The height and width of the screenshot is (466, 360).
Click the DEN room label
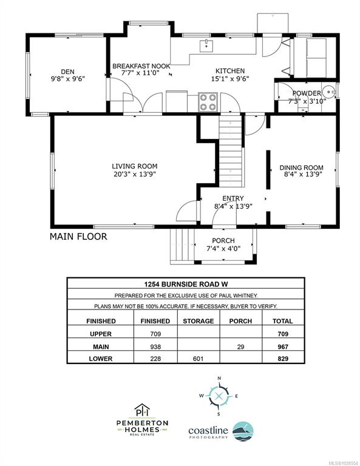click(68, 72)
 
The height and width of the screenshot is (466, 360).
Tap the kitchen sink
click(206, 46)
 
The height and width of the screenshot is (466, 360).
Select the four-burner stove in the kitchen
click(208, 102)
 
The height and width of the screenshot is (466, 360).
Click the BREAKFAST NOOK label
click(141, 66)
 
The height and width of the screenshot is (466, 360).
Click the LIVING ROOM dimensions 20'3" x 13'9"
click(135, 174)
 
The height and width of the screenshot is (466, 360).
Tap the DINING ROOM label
click(302, 167)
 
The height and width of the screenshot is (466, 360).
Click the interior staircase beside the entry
click(231, 151)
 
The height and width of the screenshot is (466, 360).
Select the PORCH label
click(223, 240)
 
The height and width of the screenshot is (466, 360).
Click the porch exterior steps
click(182, 246)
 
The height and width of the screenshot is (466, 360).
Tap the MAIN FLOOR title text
click(78, 237)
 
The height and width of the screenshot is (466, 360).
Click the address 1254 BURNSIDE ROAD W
click(186, 284)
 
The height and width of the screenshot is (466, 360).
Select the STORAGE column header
click(199, 321)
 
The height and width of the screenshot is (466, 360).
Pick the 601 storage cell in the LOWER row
click(199, 359)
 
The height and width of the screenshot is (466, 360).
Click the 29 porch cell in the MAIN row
click(241, 346)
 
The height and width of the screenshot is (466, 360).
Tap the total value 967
click(283, 346)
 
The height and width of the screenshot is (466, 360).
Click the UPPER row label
click(101, 334)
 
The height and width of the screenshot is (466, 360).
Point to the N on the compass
click(219, 379)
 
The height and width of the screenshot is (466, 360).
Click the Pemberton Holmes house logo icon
click(142, 410)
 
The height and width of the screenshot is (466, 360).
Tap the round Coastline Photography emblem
click(243, 431)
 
